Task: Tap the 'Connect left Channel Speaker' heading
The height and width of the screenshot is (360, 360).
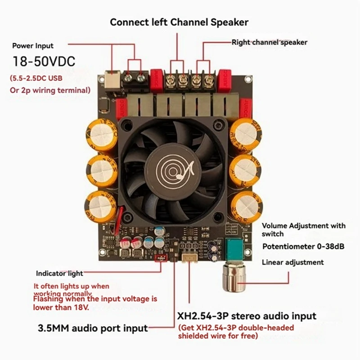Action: [179, 22]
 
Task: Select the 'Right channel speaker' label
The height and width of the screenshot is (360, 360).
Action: [269, 42]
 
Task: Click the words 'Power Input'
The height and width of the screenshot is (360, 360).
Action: [32, 45]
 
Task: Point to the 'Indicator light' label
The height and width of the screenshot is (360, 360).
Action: [60, 273]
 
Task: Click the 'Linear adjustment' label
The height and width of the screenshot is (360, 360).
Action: [292, 262]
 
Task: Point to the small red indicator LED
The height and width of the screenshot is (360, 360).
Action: [159, 258]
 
